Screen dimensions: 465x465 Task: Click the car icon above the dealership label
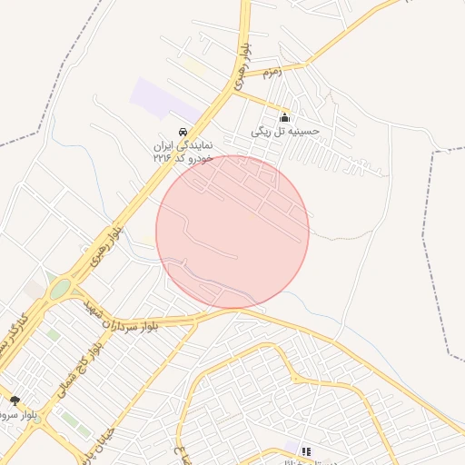click(183, 131)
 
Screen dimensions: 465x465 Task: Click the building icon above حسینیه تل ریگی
click(285, 117)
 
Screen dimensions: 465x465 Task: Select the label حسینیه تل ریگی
click(286, 132)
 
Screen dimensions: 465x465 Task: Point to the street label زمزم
click(272, 70)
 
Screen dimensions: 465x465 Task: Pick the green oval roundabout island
click(60, 290)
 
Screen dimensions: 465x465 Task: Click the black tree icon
click(14, 399)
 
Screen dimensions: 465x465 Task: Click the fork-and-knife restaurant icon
click(306, 450)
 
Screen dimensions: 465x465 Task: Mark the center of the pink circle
click(232, 232)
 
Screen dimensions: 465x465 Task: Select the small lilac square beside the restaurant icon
click(293, 447)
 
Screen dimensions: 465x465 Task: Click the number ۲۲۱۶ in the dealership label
click(163, 158)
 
